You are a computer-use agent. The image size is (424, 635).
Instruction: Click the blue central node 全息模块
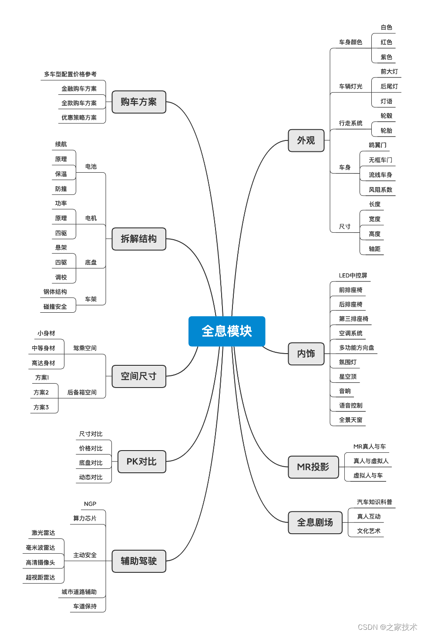point(227,331)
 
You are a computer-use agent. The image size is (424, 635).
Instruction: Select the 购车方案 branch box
point(139,102)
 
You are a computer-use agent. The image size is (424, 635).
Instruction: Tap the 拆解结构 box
point(139,239)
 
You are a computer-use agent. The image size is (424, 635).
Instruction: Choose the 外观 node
point(306,140)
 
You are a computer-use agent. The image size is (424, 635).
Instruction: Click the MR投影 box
point(313,467)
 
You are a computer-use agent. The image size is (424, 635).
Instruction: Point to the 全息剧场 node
point(315,522)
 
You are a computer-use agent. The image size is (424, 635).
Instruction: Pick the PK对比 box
point(141,461)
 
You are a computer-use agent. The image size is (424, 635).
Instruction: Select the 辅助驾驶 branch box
point(139,561)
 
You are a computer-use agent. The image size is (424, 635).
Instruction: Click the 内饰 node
point(306,354)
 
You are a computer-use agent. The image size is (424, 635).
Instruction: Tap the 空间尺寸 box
point(139,376)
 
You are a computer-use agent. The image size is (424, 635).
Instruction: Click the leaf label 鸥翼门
point(377,145)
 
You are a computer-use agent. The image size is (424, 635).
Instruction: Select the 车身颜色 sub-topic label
point(350,42)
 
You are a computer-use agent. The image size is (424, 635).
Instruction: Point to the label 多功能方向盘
point(357,348)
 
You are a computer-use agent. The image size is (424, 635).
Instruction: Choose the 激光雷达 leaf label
point(43,533)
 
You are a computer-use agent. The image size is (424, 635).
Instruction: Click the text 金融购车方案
point(79,89)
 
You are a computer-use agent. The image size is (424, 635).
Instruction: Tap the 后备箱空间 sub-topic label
point(82,392)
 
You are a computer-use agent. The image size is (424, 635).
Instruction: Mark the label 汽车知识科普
point(374,502)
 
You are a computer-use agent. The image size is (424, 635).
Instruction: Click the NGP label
point(90,504)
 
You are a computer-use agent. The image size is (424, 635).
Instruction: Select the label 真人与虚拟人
point(371,461)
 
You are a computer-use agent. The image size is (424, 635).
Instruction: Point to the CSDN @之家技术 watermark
point(387,627)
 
